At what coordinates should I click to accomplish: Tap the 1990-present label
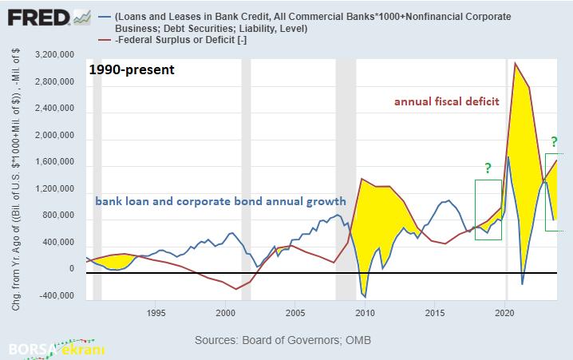pyautogui.click(x=132, y=69)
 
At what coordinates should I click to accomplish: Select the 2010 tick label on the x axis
pyautogui.click(x=366, y=312)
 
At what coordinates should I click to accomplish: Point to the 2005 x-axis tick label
pyautogui.click(x=295, y=312)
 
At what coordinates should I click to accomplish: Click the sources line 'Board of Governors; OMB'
pyautogui.click(x=283, y=340)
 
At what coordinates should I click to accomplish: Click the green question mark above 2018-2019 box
pyautogui.click(x=487, y=168)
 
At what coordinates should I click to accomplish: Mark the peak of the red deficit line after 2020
pyautogui.click(x=516, y=62)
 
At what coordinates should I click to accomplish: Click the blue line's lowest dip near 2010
pyautogui.click(x=364, y=294)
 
